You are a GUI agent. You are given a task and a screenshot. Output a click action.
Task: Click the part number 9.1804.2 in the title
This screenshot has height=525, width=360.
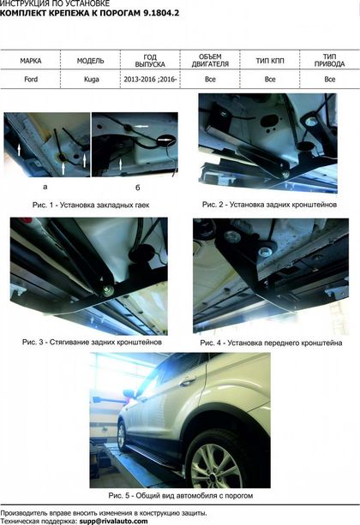point(161,14)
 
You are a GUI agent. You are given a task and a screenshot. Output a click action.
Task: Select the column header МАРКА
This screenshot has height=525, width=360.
point(31,61)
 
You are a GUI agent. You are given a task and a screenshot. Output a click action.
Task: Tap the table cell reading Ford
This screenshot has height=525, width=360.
point(31,80)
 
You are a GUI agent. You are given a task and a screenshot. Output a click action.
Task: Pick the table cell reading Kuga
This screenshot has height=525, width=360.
point(91,80)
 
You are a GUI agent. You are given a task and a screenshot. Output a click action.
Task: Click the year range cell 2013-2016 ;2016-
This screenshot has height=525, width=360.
point(150,80)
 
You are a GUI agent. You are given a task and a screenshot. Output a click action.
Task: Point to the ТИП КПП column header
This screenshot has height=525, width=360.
point(270,61)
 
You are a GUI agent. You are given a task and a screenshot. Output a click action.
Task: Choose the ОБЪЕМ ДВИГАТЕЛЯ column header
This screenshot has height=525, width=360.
point(210,60)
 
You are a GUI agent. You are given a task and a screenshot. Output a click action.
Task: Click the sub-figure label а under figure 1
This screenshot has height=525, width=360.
point(45,187)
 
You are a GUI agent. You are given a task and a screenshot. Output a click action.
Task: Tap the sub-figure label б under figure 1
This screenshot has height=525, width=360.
point(137,188)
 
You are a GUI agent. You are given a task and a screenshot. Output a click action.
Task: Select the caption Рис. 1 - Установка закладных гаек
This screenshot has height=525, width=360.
point(91,205)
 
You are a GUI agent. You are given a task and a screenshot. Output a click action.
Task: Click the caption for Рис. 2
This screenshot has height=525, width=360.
point(269,204)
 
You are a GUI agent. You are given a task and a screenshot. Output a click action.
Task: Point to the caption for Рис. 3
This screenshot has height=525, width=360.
point(93,343)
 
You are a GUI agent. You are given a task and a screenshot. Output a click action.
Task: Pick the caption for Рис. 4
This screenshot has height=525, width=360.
point(271,343)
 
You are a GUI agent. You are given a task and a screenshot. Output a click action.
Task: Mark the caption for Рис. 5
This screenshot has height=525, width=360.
point(181,496)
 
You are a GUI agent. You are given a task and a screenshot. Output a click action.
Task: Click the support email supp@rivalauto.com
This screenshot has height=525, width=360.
point(114,522)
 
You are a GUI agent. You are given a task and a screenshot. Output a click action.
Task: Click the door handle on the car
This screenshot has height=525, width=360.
point(188,381)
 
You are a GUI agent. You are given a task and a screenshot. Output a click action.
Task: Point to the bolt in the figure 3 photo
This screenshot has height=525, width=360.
point(108,290)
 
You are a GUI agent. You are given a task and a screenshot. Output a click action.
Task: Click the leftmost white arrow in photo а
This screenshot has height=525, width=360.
point(19,150)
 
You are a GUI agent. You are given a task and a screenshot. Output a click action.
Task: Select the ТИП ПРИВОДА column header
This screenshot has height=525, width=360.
point(329,60)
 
